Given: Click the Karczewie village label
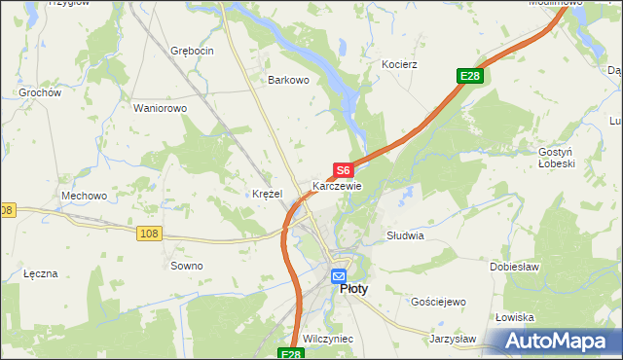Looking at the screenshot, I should [337, 185].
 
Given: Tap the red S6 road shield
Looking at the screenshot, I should [342, 170].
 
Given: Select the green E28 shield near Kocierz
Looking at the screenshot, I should [470, 76].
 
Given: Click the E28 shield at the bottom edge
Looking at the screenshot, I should [290, 355].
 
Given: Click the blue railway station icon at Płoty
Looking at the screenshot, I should [338, 275].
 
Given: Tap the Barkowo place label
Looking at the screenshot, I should [288, 81].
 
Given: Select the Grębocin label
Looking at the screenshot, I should [192, 50].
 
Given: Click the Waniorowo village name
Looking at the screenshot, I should [160, 108].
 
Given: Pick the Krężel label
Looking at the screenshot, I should [267, 194].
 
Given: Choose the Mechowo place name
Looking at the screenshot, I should [84, 196].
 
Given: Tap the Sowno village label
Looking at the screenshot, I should [187, 266].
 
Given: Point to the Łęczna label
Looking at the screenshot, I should [41, 273].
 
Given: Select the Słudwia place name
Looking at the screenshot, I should [405, 235].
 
